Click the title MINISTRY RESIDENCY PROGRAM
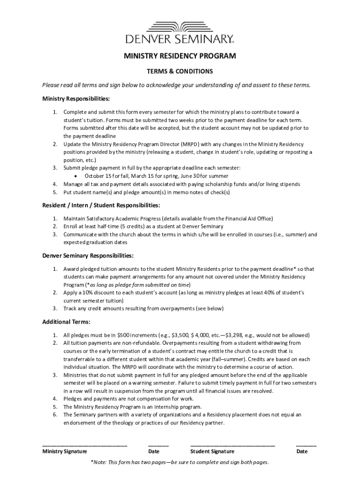point(180,57)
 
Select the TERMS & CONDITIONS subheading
point(180,72)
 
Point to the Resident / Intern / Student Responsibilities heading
point(101,205)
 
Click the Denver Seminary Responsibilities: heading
point(88,256)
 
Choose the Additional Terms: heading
point(66,322)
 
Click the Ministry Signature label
point(65,451)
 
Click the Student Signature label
point(212,451)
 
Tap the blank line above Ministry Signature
point(85,445)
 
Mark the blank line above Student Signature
point(232,445)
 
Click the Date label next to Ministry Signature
point(154,451)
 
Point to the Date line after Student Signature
point(306,445)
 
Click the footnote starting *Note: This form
point(180,463)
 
